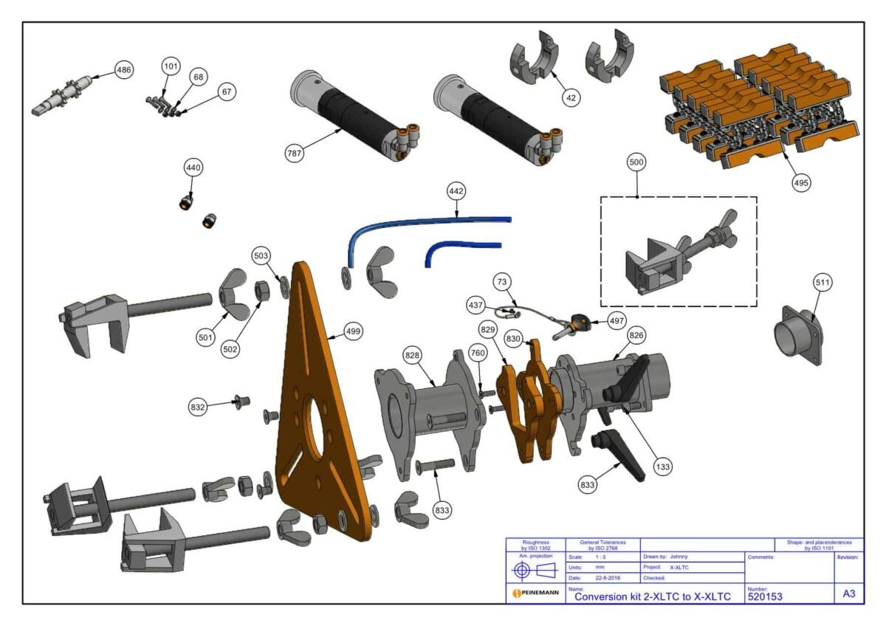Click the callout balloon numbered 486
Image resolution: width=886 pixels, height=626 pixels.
[125, 71]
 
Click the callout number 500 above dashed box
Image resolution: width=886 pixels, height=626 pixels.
[637, 162]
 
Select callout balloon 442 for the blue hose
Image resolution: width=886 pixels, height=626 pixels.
[457, 191]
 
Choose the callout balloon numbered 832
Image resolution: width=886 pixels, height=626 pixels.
[198, 407]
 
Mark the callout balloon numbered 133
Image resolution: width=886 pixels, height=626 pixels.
[663, 467]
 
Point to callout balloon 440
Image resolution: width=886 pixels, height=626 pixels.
[193, 168]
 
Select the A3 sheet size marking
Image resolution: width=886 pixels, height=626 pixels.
[849, 594]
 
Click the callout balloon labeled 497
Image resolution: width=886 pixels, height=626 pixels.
[617, 321]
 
